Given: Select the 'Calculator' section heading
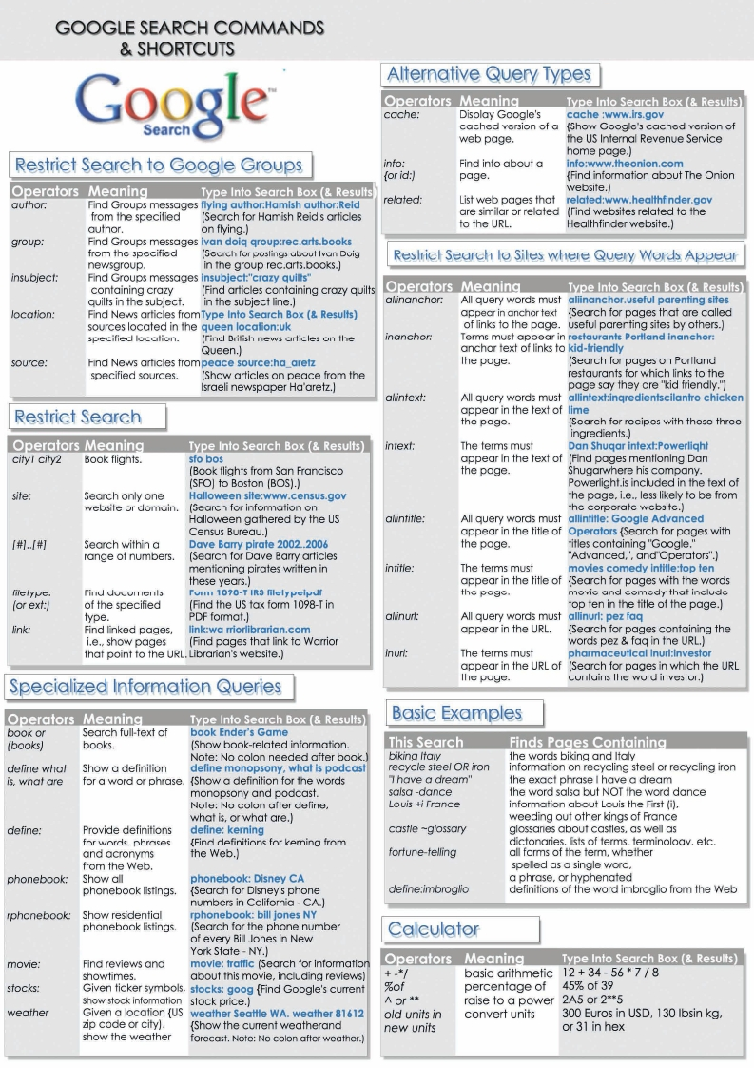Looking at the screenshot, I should [x=439, y=929].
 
